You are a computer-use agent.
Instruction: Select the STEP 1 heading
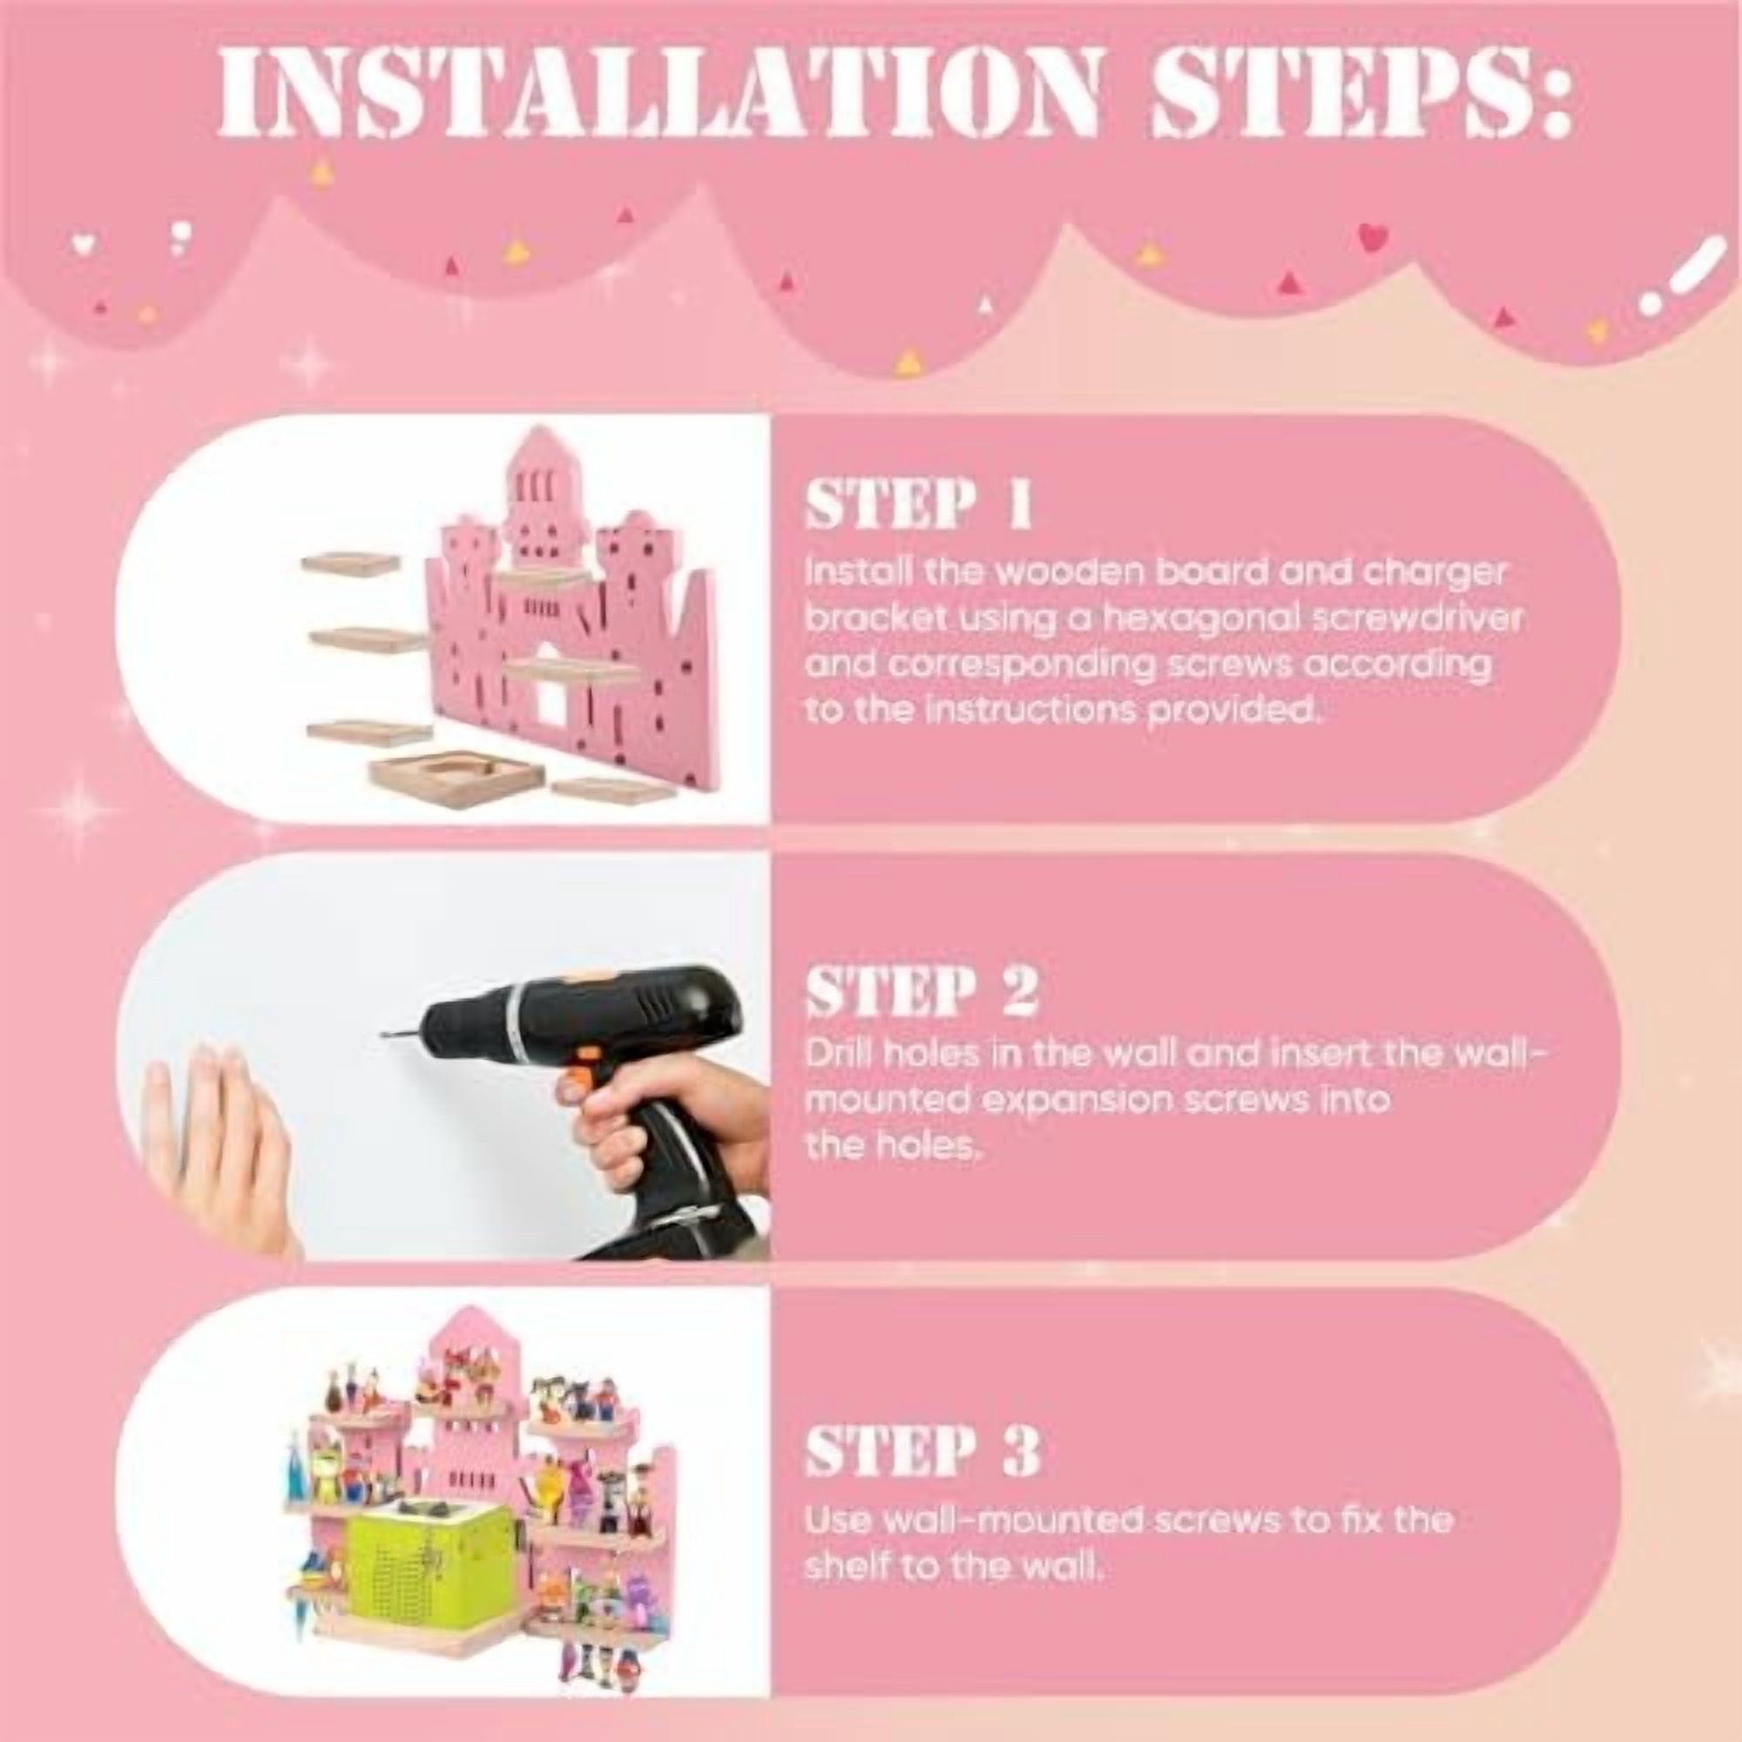coord(917,505)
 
